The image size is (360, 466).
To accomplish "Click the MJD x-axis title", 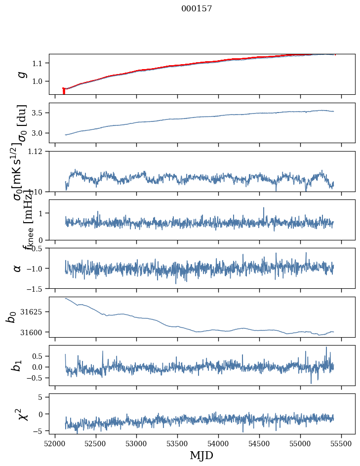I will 201,455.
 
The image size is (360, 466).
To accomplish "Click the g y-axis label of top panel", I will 21,74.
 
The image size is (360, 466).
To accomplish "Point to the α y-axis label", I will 18,268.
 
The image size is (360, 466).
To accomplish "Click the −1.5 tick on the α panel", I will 38,288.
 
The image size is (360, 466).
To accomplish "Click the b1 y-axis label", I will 18,365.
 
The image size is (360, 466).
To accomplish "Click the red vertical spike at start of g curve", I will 64,91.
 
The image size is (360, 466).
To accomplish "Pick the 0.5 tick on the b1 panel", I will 41,356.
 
